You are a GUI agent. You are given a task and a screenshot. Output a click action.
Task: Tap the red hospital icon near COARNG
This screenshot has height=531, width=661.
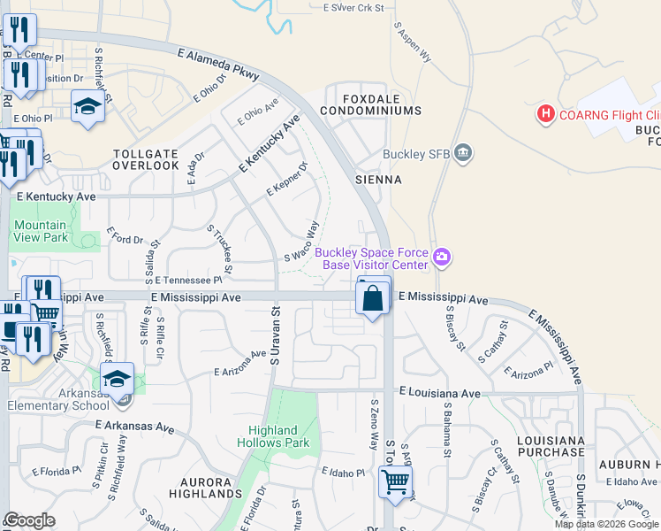click(545, 114)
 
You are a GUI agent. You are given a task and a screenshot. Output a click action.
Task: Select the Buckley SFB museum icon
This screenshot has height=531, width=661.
click(463, 155)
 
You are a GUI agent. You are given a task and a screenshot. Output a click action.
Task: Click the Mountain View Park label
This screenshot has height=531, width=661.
click(41, 232)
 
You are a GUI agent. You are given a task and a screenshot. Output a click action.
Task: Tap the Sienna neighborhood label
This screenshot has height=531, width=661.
click(378, 180)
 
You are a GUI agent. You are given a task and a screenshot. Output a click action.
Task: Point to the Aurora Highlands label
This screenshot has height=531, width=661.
click(199, 488)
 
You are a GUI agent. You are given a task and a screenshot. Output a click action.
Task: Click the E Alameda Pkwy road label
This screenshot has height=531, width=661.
click(217, 65)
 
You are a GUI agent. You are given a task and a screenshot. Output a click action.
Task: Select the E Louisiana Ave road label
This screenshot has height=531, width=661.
click(439, 391)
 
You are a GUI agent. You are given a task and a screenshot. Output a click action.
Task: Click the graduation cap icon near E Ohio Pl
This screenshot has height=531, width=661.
click(87, 109)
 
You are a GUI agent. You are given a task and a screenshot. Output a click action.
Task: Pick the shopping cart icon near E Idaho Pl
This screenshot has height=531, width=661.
click(394, 483)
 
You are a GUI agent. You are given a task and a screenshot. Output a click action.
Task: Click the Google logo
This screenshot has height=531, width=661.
click(29, 520)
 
